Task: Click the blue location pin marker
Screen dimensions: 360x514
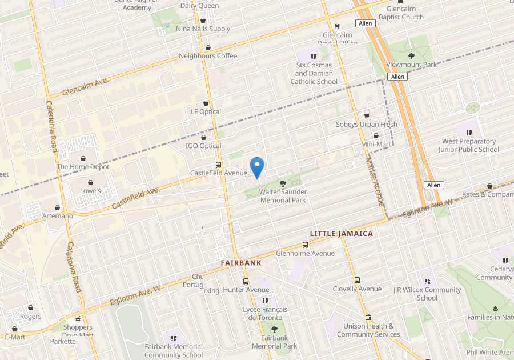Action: point(257,166)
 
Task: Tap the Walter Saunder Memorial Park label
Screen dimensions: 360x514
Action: point(283,196)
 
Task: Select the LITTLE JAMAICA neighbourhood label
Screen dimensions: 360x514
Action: point(341,234)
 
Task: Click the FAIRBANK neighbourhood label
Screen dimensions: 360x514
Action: point(241,263)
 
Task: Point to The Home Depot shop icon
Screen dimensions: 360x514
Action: point(83,158)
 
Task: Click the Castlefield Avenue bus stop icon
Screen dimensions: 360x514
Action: point(218,165)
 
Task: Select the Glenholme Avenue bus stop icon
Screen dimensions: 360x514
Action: point(305,245)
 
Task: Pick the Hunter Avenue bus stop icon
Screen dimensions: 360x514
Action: point(246,282)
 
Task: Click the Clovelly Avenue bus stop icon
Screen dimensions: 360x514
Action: point(357,281)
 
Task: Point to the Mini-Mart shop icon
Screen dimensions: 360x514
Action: point(375,136)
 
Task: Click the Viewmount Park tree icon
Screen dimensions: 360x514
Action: point(411,56)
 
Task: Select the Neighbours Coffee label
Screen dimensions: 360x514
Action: point(208,56)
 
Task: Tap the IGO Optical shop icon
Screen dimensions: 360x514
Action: point(203,138)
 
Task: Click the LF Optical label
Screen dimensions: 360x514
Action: point(206,112)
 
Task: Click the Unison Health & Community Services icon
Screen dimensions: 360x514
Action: point(368,318)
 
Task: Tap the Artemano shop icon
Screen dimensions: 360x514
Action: point(58,208)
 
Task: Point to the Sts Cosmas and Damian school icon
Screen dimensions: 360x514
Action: point(313,57)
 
